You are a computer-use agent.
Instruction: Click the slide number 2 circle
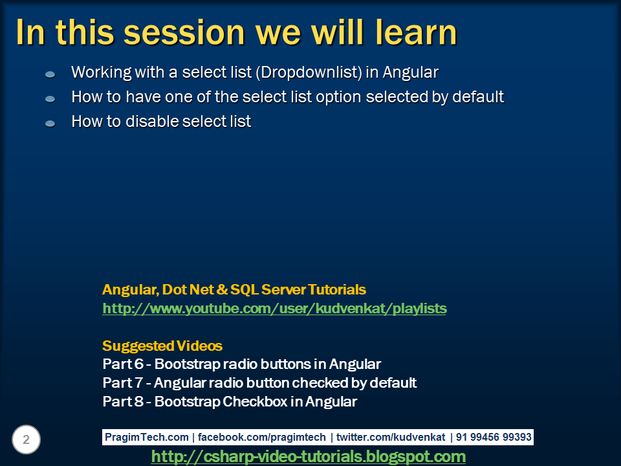(26, 440)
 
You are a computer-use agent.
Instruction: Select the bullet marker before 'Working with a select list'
(50, 74)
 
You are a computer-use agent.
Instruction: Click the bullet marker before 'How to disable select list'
(50, 123)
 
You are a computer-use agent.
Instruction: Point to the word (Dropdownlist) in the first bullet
(309, 72)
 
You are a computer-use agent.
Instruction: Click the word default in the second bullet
(478, 97)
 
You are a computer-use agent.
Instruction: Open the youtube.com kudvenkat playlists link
(274, 309)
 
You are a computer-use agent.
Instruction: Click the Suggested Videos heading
(162, 346)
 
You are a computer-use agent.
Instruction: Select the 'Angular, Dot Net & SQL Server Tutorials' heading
(234, 289)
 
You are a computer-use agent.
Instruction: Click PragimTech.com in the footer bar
(147, 437)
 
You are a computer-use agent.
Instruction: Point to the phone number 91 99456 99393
(494, 437)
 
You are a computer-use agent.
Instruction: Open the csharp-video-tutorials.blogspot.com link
(308, 457)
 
